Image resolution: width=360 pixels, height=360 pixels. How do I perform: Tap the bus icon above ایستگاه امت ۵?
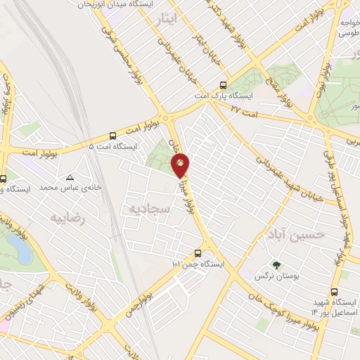pos(112,136)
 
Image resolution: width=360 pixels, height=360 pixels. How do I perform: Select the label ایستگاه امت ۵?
pos(112,146)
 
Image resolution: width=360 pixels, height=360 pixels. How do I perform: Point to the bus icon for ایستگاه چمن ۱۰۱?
pos(198,254)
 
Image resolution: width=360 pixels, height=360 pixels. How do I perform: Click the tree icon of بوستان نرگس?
pos(276,265)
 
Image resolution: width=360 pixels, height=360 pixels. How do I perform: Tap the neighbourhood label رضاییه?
pos(67,219)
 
